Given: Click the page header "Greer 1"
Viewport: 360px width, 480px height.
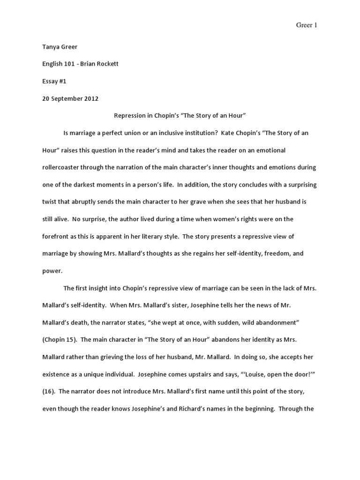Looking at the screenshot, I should tap(307, 25).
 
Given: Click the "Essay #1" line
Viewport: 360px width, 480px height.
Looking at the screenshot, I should tap(54, 81).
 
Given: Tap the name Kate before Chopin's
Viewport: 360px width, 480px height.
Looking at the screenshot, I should tap(229, 133).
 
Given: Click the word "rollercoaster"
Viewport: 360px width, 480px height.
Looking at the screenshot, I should tap(66, 167).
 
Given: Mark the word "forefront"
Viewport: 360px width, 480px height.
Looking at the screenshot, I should tap(58, 237).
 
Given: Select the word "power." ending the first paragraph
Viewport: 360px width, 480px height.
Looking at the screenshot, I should tap(52, 271).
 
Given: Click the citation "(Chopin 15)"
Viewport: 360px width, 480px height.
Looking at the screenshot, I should tap(60, 340).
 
